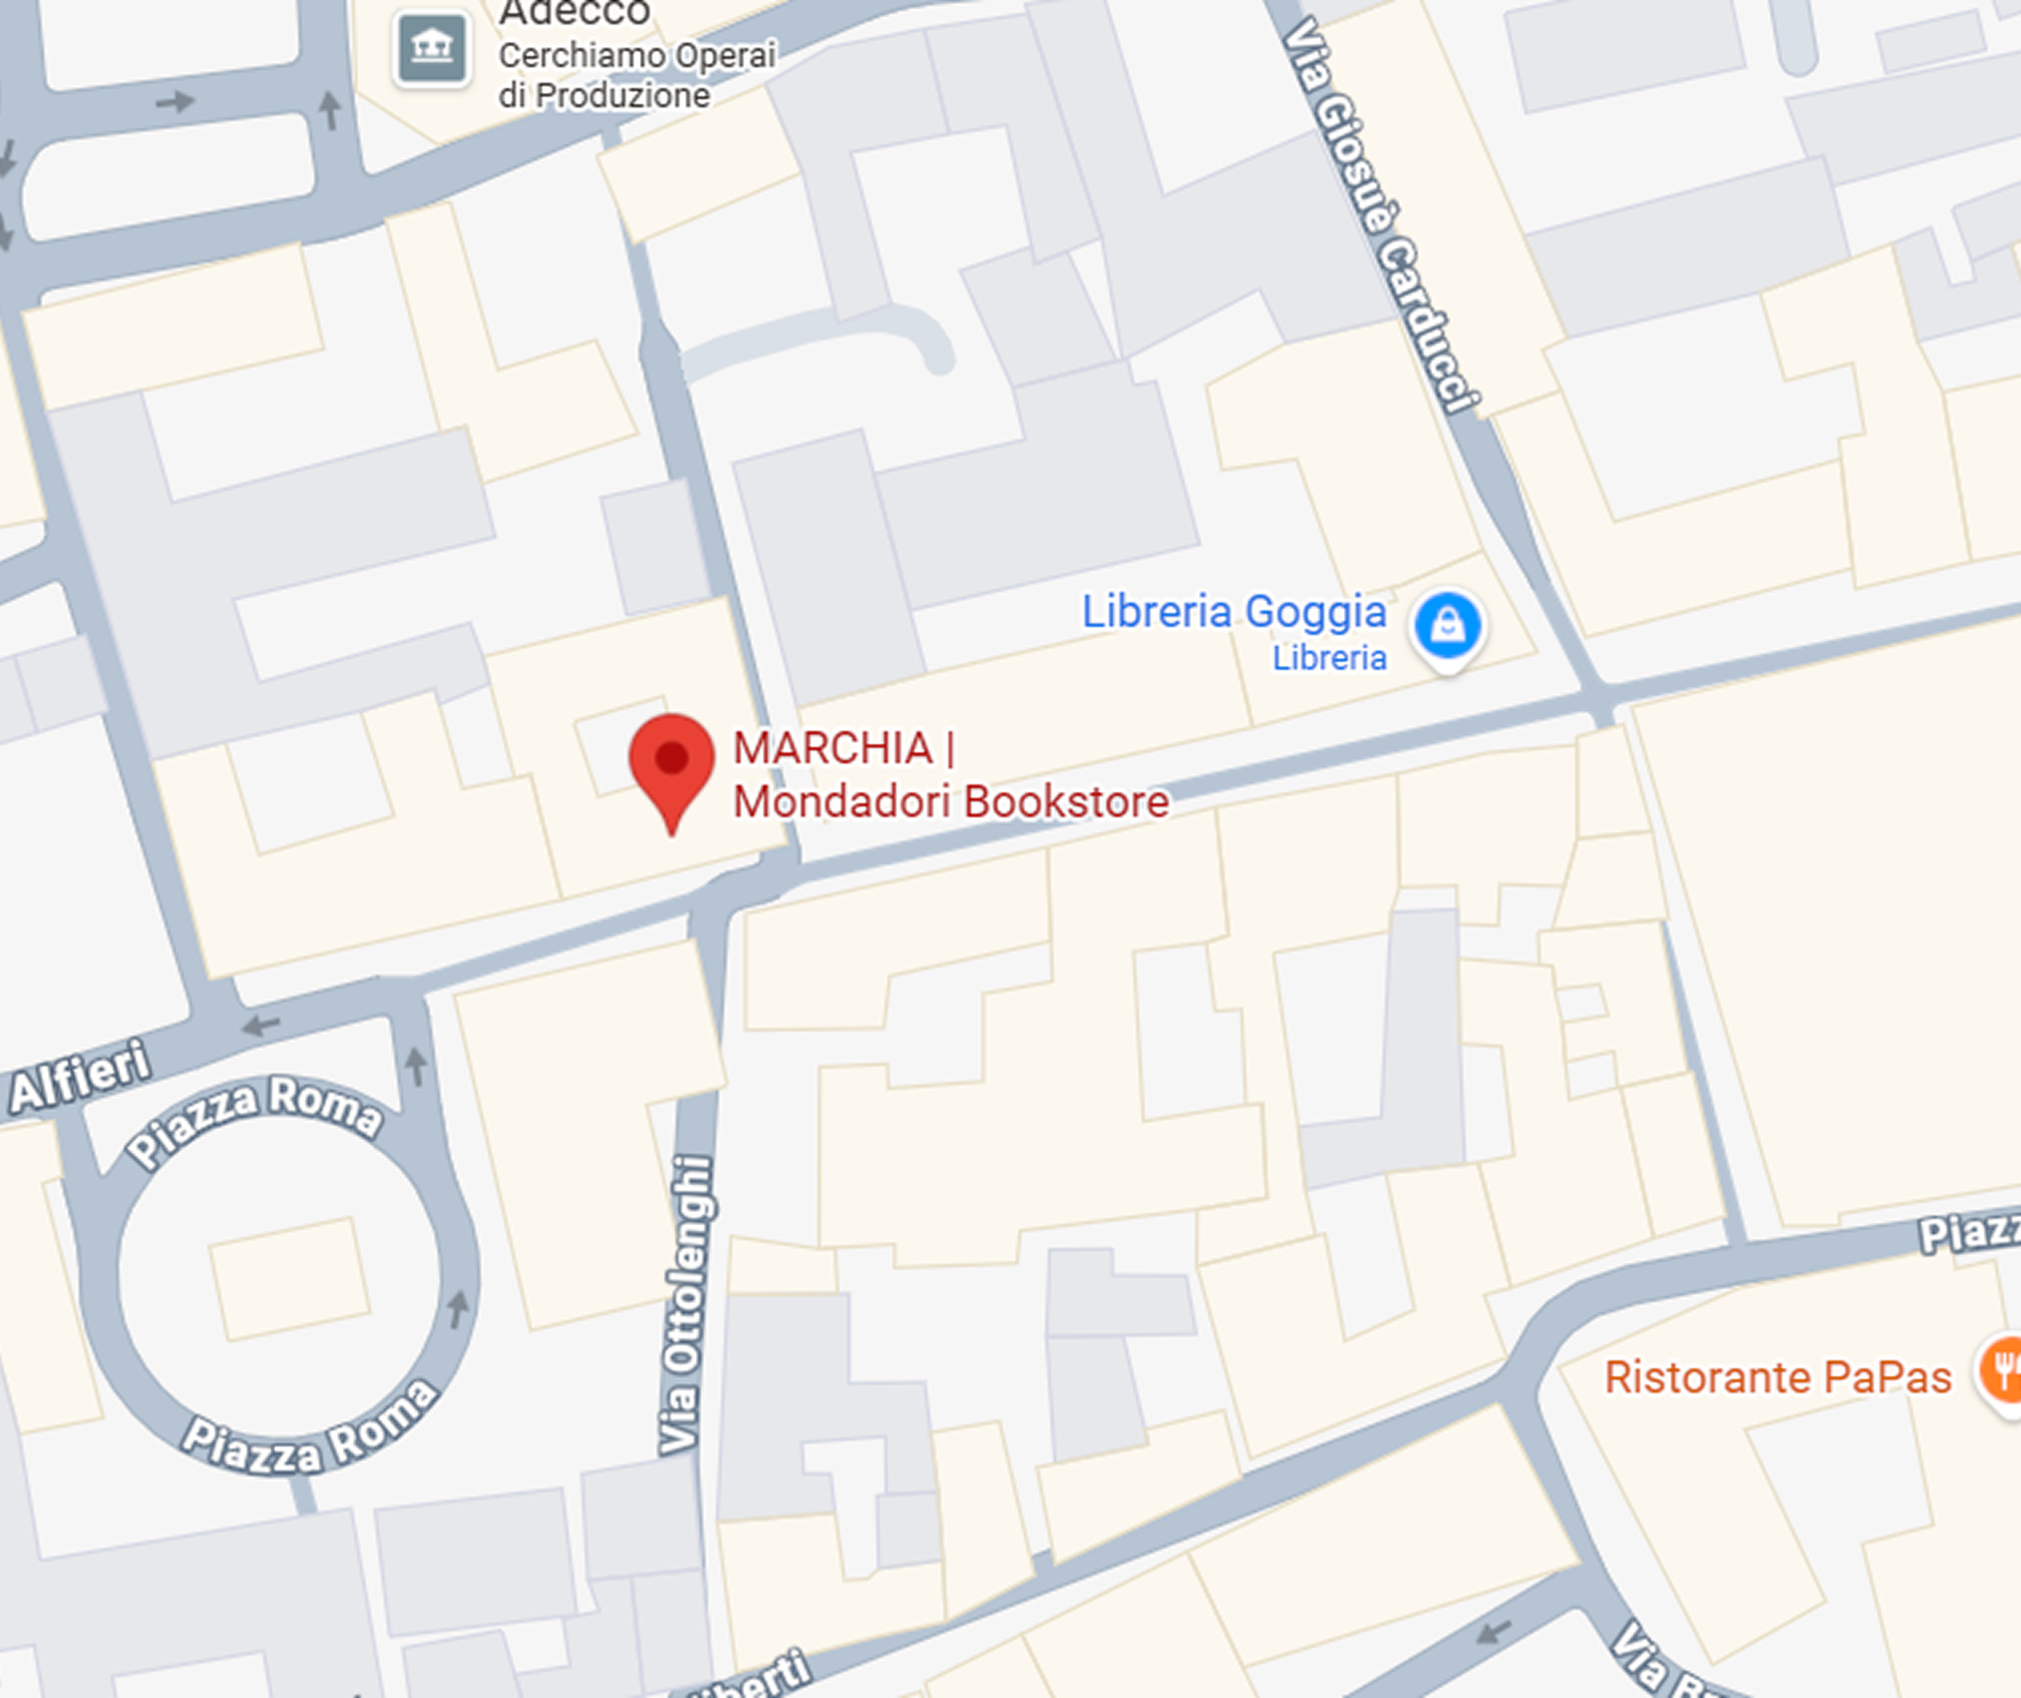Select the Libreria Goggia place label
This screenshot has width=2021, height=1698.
(x=1234, y=612)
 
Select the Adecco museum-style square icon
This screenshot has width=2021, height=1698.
(x=432, y=47)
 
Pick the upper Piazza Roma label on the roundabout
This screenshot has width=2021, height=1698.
(x=255, y=1117)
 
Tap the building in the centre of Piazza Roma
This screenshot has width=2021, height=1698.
(x=289, y=1278)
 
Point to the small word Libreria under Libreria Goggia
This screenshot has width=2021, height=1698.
(x=1329, y=659)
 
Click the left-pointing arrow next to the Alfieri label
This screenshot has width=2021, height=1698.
(x=261, y=1026)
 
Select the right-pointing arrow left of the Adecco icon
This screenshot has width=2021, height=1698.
(x=175, y=101)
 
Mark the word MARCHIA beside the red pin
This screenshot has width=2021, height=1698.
(x=833, y=748)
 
